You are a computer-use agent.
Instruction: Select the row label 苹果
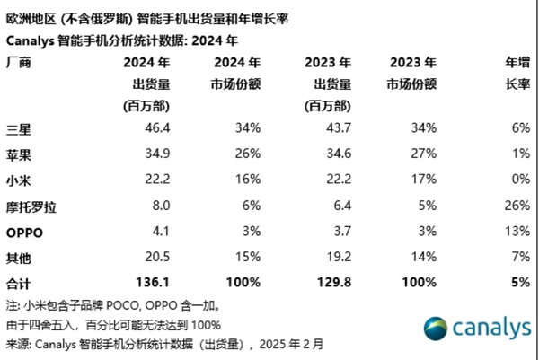coord(20,154)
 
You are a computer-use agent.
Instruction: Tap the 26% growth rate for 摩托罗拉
coord(516,206)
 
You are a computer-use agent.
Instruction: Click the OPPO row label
coord(25,233)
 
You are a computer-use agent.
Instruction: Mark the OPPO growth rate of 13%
coord(516,233)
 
